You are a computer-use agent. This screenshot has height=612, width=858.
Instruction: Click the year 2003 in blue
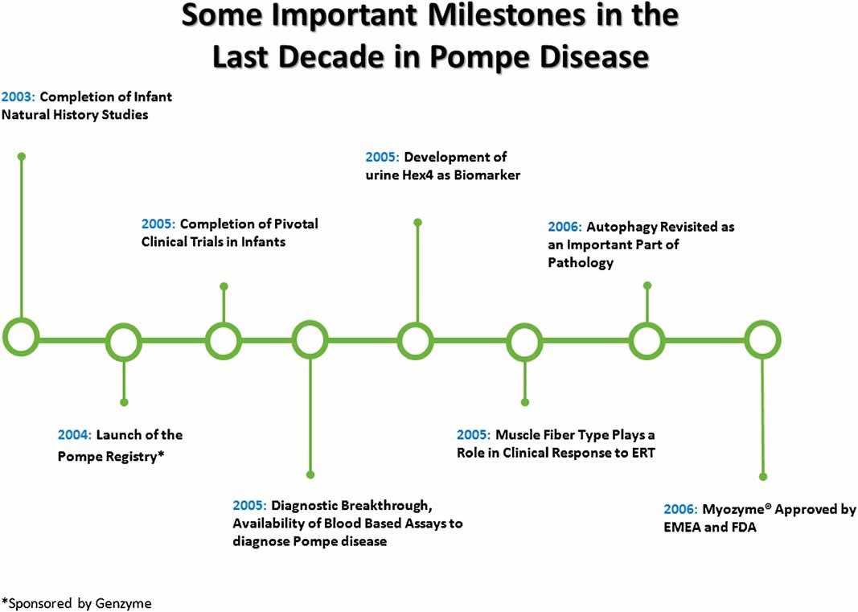coord(18,97)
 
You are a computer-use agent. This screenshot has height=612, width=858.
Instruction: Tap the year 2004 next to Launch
coord(75,435)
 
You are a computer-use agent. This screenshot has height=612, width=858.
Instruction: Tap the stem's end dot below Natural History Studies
coord(22,157)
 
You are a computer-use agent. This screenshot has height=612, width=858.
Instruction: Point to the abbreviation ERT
coord(643,454)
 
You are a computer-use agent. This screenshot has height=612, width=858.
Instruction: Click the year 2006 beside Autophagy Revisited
coord(564,227)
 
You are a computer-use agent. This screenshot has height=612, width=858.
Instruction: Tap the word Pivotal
coord(296,224)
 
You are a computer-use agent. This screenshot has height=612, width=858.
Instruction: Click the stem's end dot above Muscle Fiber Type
coord(525,402)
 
